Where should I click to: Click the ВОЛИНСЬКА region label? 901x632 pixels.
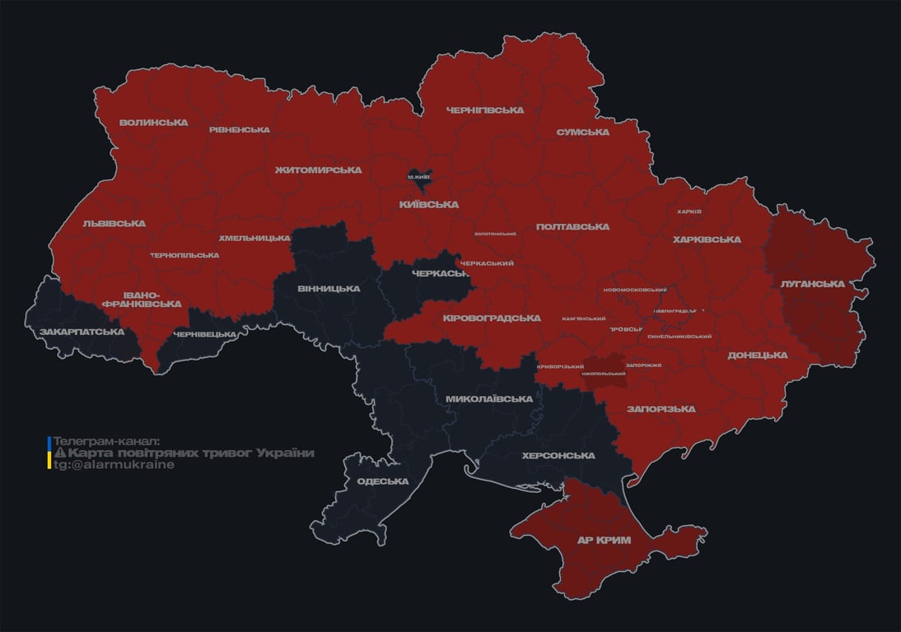pyautogui.click(x=153, y=123)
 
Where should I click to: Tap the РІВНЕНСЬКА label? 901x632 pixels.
pyautogui.click(x=239, y=130)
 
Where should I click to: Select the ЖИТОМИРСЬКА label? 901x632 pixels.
pyautogui.click(x=318, y=170)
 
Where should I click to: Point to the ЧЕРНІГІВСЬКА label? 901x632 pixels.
pyautogui.click(x=485, y=110)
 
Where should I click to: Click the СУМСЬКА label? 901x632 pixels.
pyautogui.click(x=583, y=132)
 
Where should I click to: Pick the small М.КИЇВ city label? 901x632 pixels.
pyautogui.click(x=419, y=176)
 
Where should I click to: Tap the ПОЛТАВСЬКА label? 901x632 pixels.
pyautogui.click(x=572, y=226)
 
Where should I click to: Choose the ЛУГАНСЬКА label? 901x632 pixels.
pyautogui.click(x=812, y=284)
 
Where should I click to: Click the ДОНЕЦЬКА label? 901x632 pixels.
pyautogui.click(x=757, y=355)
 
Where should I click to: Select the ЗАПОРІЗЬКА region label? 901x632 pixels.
pyautogui.click(x=661, y=409)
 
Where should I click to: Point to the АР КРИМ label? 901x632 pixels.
pyautogui.click(x=604, y=541)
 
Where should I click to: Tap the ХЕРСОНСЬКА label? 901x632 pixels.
pyautogui.click(x=558, y=456)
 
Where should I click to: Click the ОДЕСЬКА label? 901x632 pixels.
pyautogui.click(x=383, y=481)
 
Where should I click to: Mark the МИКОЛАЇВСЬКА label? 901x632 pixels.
pyautogui.click(x=488, y=399)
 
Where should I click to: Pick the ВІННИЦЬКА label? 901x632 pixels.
pyautogui.click(x=329, y=289)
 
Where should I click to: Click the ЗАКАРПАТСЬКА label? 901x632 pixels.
pyautogui.click(x=82, y=332)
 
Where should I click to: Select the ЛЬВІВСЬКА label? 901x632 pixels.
pyautogui.click(x=114, y=223)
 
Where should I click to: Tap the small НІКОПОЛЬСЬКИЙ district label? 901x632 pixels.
pyautogui.click(x=604, y=374)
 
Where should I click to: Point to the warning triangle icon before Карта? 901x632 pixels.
pyautogui.click(x=59, y=453)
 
